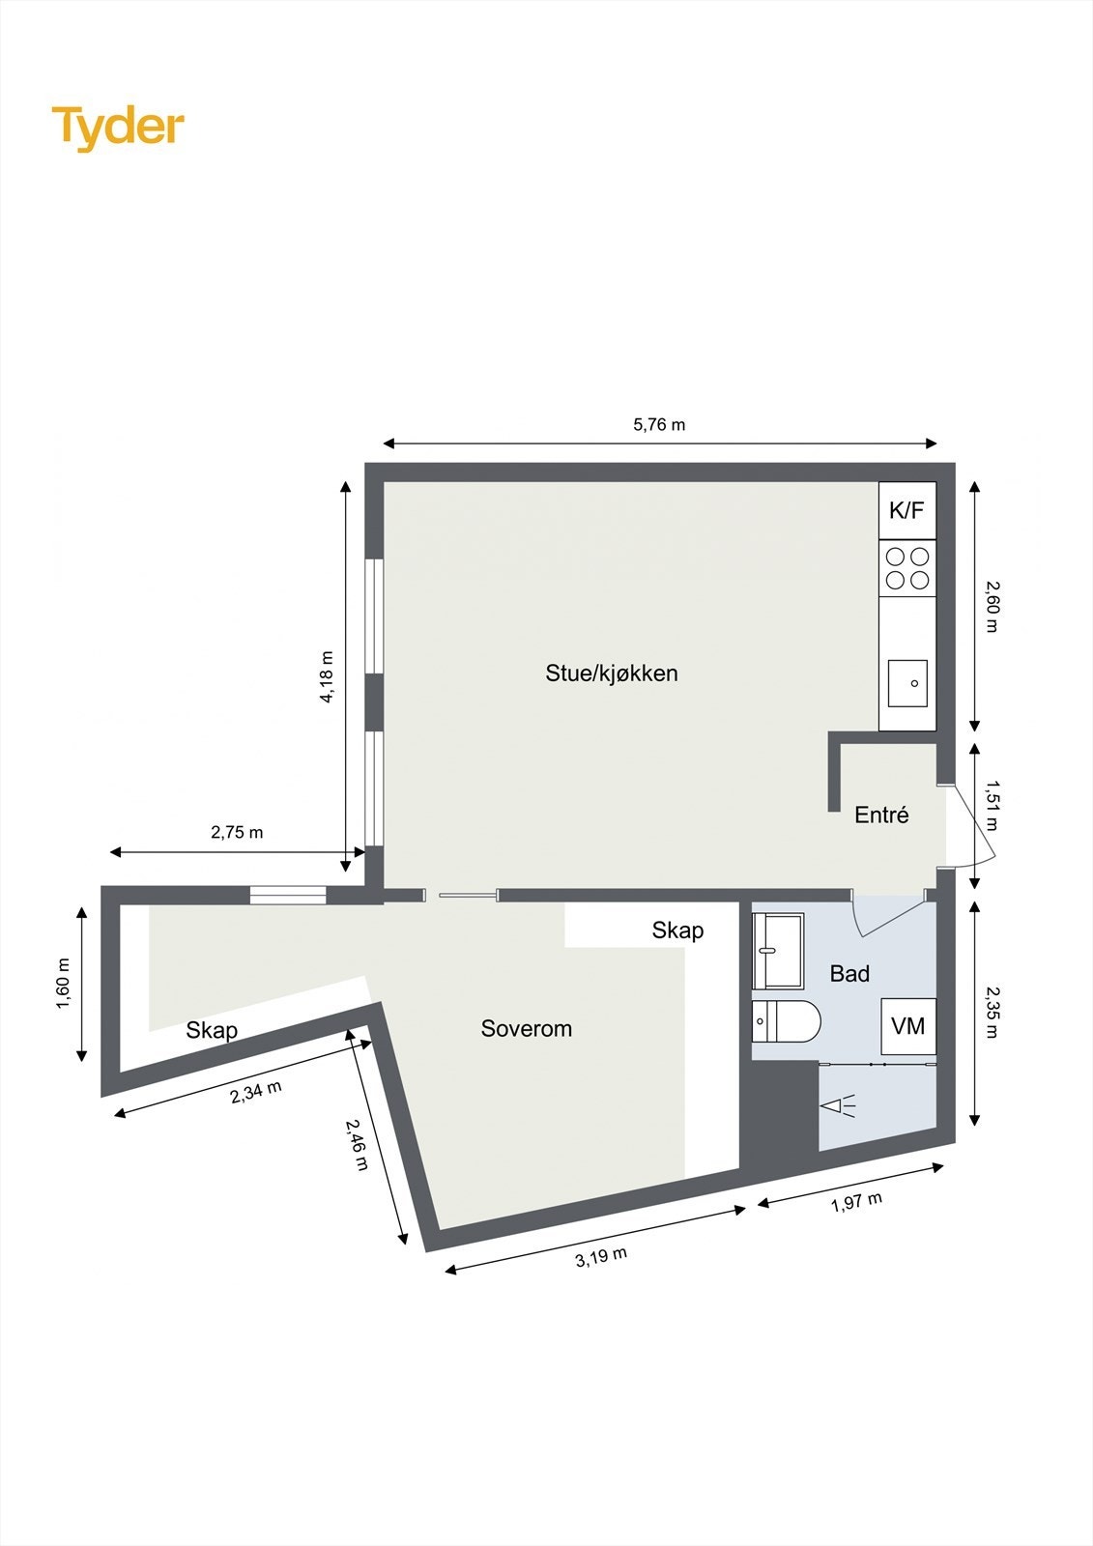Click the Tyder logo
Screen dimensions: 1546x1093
tap(118, 128)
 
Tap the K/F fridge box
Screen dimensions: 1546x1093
tap(906, 510)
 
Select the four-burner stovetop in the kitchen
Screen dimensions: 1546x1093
tap(907, 568)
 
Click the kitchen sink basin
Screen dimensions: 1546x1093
tap(907, 683)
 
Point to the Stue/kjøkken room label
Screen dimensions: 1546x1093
tap(612, 673)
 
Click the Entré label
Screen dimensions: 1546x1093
tap(881, 816)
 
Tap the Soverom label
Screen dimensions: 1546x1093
tap(527, 1029)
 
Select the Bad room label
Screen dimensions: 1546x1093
tap(849, 974)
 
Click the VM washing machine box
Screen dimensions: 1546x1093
tap(907, 1026)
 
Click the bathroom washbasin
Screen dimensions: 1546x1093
tap(778, 951)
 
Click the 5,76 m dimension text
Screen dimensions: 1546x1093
tap(659, 425)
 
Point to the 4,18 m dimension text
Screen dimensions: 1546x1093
tap(327, 676)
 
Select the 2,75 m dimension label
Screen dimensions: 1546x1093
tap(237, 832)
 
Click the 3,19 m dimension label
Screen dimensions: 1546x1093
tap(601, 1257)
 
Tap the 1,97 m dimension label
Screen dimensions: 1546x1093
tap(856, 1203)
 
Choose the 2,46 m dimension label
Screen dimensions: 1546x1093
tap(358, 1145)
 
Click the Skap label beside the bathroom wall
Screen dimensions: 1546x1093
tap(677, 930)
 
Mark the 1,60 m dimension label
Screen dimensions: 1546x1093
tap(64, 984)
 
